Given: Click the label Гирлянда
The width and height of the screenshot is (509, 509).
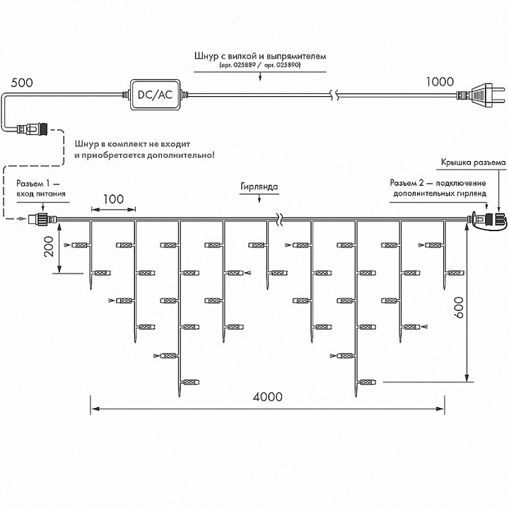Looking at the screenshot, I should pyautogui.click(x=259, y=188).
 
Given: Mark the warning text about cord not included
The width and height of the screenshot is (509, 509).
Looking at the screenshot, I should pyautogui.click(x=144, y=149).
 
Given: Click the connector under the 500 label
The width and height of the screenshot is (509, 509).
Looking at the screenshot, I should pyautogui.click(x=32, y=130).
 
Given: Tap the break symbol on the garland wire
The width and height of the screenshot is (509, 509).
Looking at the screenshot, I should pyautogui.click(x=281, y=218).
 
